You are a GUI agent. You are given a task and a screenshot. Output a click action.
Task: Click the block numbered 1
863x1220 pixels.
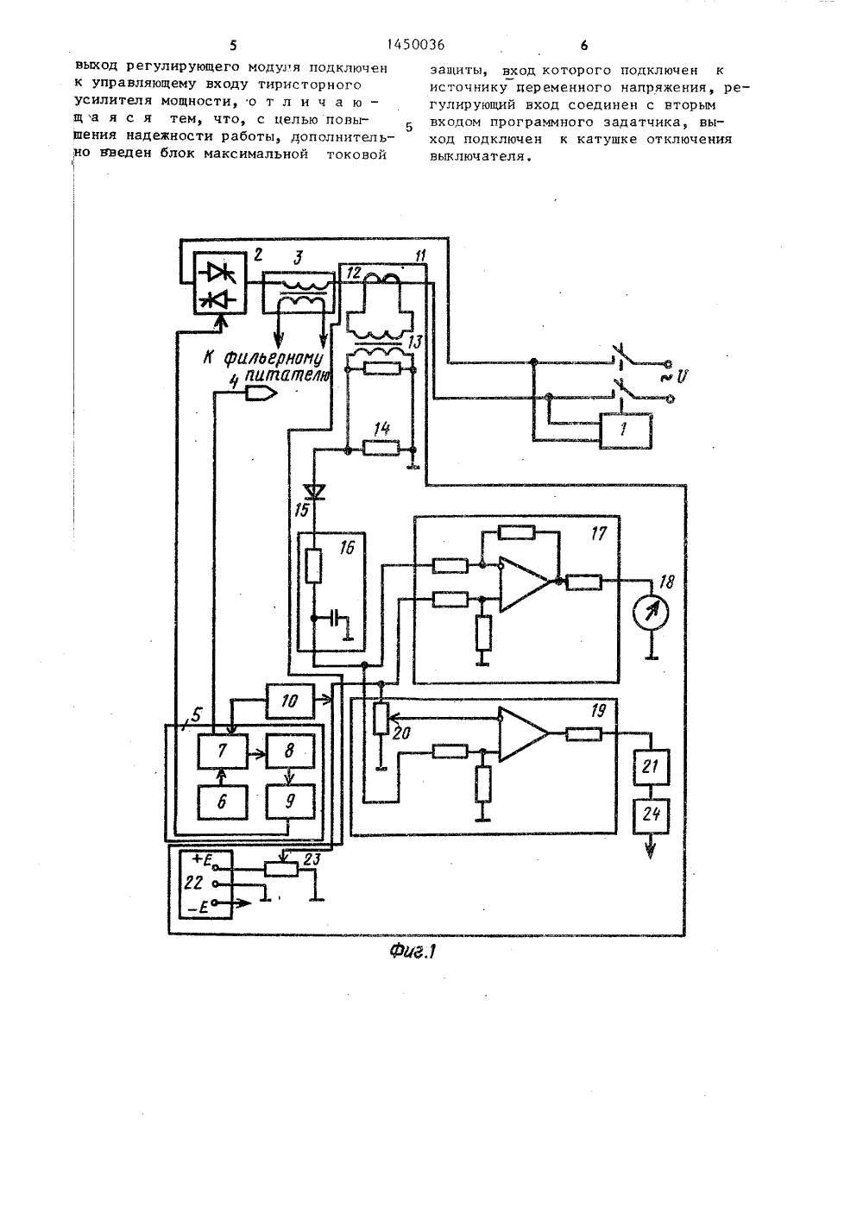[626, 431]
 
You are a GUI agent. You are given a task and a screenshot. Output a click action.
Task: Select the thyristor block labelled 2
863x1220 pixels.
[219, 282]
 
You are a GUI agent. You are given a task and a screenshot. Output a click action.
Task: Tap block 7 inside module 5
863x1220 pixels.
[222, 751]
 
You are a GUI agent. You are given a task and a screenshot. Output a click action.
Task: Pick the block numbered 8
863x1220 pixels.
[290, 751]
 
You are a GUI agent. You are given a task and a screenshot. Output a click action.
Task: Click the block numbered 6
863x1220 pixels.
[222, 802]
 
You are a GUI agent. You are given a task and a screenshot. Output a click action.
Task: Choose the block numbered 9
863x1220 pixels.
[290, 802]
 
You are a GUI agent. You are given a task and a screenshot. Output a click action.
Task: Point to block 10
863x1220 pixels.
[290, 701]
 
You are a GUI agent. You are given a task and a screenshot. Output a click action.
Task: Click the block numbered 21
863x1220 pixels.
[651, 767]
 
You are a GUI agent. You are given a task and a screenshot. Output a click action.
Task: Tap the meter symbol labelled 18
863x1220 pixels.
[651, 613]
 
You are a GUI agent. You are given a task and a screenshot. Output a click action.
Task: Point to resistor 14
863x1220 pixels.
[381, 450]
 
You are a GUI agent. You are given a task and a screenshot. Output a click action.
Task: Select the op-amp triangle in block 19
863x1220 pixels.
[524, 734]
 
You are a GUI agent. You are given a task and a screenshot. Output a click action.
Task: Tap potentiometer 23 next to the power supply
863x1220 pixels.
[281, 870]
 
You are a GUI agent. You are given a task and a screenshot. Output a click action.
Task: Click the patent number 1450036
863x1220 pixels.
[415, 45]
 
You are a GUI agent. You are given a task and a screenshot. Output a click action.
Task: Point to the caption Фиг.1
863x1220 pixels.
[413, 952]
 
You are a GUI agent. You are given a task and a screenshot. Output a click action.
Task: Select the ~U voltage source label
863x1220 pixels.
[676, 376]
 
